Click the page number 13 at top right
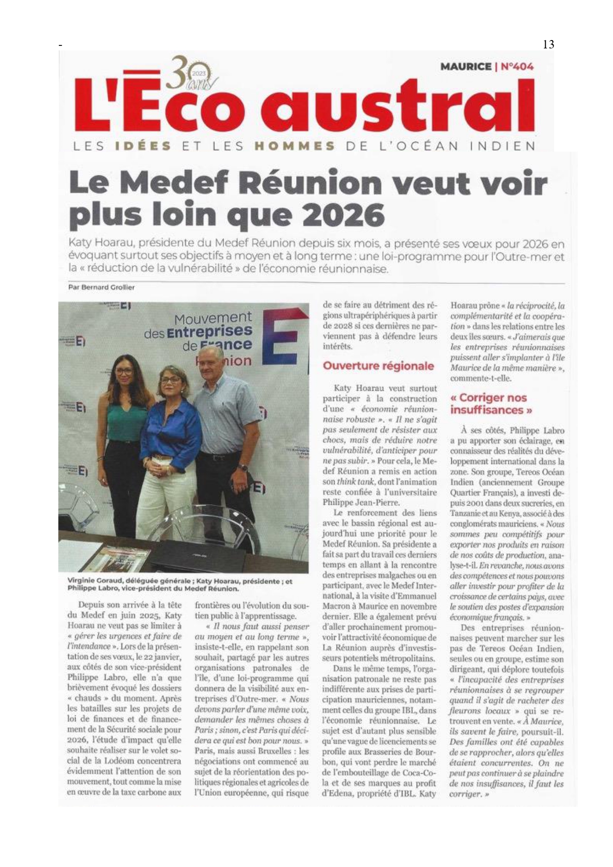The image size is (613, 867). pos(548,44)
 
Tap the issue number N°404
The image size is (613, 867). pos(517,67)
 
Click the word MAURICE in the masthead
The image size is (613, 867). pos(465,67)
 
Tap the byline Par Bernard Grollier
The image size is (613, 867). pos(101,287)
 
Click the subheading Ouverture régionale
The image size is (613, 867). pos(378,366)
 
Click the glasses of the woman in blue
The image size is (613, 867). pos(171,380)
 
